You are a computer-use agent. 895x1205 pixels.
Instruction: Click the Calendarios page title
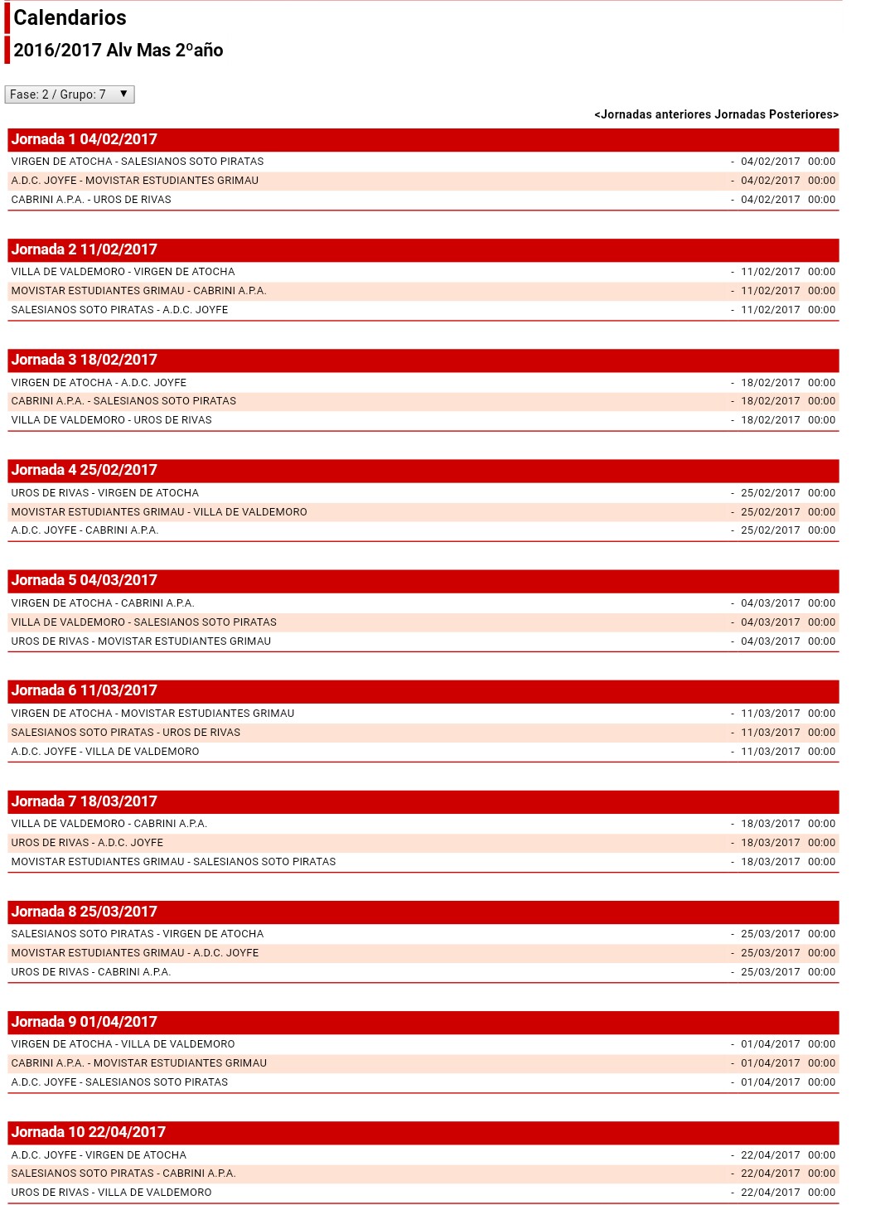70,17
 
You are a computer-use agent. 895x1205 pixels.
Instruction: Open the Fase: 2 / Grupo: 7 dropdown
70,94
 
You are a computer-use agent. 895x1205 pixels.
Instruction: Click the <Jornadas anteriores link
653,114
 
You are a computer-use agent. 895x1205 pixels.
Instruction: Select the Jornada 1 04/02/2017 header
85,139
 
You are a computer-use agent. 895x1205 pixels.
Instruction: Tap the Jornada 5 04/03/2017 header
85,580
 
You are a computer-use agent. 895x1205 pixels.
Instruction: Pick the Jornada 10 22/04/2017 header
89,1132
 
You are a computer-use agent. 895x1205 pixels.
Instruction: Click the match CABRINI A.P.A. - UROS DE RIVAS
91,200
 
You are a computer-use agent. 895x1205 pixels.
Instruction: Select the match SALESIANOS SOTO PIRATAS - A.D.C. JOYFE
119,310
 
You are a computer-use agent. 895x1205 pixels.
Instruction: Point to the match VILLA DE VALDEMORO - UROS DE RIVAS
111,420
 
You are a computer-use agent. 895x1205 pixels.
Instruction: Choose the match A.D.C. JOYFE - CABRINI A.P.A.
85,530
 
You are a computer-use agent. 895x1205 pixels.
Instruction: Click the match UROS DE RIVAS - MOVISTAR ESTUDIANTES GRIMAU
141,641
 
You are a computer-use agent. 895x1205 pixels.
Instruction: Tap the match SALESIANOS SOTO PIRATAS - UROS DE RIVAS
126,733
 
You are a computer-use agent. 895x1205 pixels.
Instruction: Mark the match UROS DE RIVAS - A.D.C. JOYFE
87,843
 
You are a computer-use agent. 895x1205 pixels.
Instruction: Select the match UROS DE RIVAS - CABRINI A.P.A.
91,972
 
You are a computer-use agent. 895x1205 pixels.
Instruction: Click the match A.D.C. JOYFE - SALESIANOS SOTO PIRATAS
119,1082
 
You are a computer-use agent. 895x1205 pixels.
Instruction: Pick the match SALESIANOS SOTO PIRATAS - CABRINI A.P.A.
123,1174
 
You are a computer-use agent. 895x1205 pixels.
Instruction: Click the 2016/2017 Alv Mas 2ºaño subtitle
119,51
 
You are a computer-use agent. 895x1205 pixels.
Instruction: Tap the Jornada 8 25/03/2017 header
85,912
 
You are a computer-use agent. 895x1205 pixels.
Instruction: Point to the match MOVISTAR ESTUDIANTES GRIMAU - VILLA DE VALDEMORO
159,512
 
